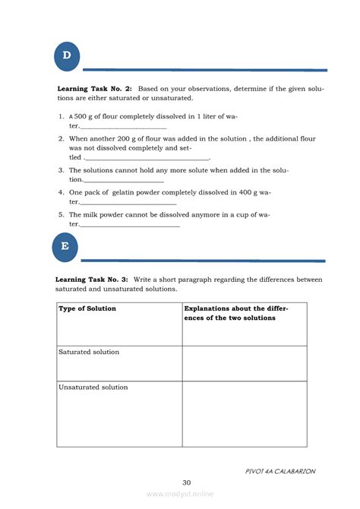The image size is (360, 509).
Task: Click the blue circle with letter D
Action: click(x=67, y=55)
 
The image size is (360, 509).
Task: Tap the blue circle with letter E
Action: click(x=65, y=246)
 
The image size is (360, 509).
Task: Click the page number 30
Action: click(x=187, y=482)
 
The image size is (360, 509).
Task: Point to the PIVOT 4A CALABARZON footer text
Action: click(x=280, y=471)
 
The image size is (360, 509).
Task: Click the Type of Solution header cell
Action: click(x=87, y=308)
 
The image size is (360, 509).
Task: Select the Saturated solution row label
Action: click(x=89, y=353)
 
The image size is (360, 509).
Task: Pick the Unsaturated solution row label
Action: click(x=93, y=387)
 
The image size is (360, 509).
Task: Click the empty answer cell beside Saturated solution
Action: click(x=245, y=363)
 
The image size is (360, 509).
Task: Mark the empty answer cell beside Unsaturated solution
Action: click(x=245, y=413)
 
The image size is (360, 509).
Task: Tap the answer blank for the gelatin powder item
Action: click(x=128, y=203)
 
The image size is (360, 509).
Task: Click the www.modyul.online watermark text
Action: click(x=180, y=494)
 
